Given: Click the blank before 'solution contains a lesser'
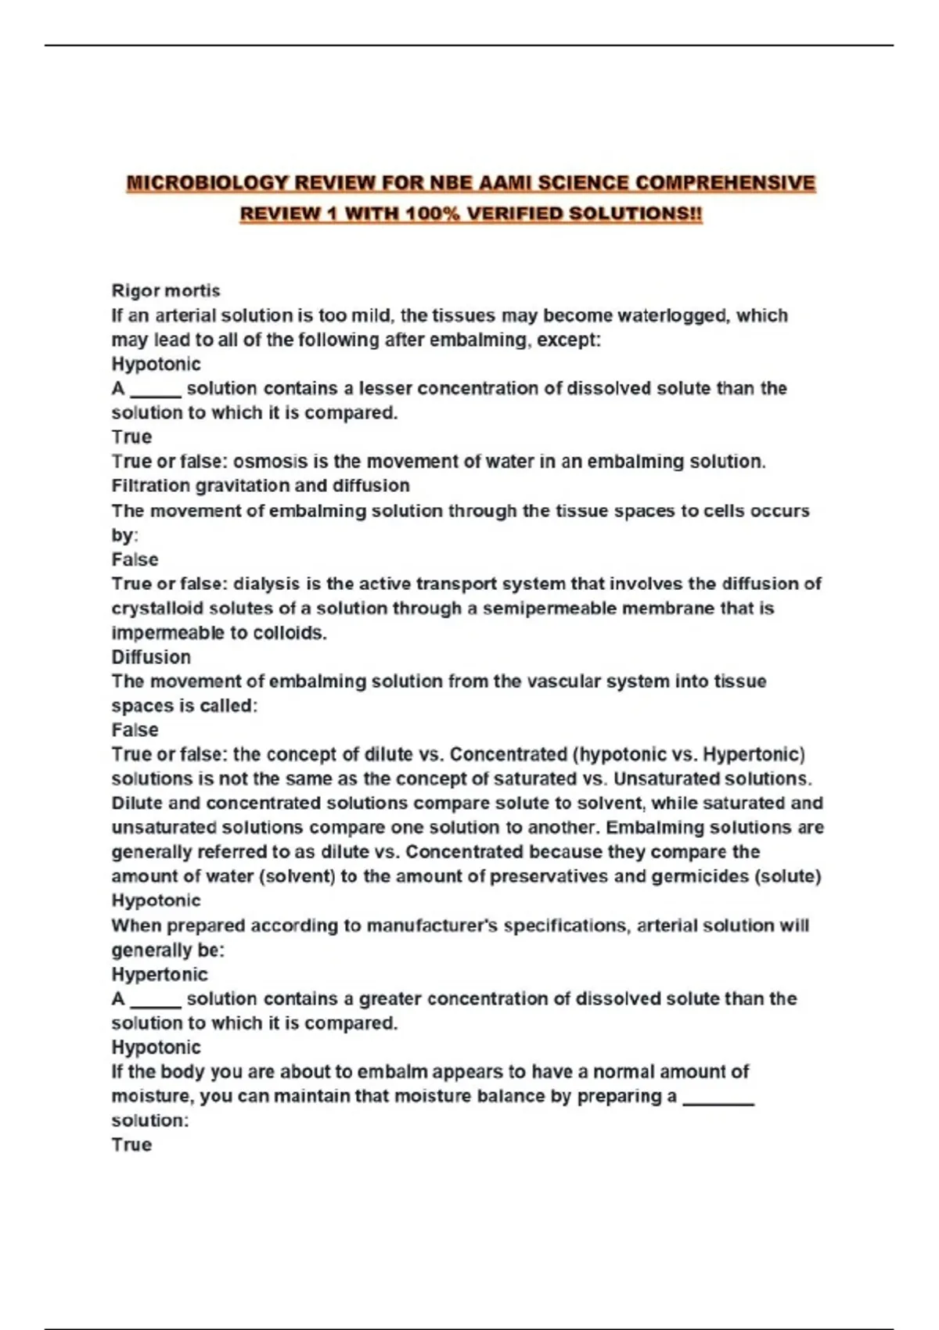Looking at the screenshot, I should [x=156, y=389].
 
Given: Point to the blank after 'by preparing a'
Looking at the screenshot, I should [x=718, y=1097].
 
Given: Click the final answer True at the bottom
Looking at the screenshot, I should [x=131, y=1145].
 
